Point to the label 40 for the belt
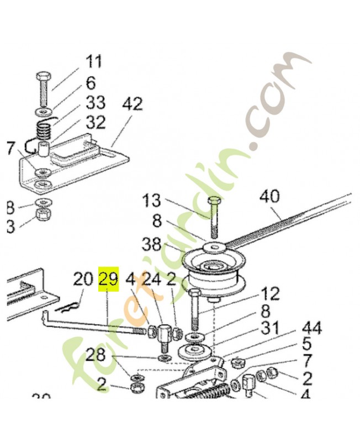tap(269, 197)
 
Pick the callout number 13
tap(152, 201)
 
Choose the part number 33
tap(95, 103)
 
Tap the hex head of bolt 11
tap(45, 75)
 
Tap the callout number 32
tap(95, 122)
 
